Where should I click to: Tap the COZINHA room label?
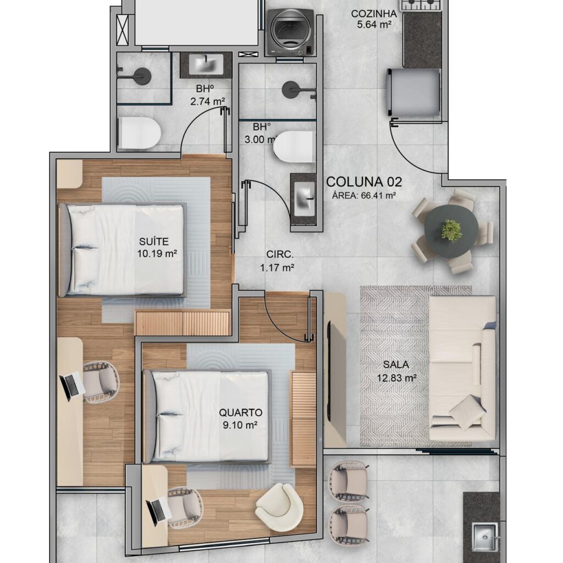374,14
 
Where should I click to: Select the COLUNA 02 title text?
364,182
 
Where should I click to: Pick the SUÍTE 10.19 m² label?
157,247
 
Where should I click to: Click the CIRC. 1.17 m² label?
278,261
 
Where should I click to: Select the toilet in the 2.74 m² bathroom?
139,133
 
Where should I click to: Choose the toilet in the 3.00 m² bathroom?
294,146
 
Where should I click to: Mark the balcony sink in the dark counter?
485,537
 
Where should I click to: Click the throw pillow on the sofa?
467,412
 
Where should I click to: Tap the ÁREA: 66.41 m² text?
364,196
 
